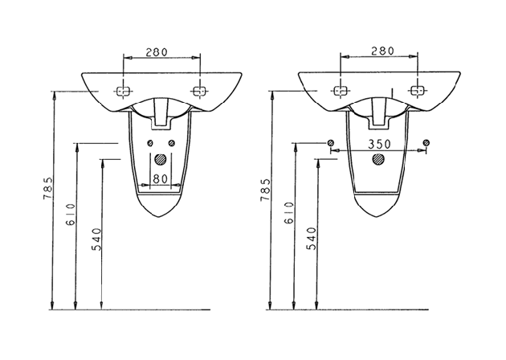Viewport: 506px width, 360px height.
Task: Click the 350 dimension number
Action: (377, 145)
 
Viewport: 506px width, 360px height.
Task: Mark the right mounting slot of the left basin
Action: (197, 91)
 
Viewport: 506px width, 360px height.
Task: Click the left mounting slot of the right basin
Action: (341, 89)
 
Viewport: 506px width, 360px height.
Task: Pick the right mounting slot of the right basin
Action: (415, 89)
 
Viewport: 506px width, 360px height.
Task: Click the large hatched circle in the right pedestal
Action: (377, 158)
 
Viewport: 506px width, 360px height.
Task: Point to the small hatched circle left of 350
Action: (330, 144)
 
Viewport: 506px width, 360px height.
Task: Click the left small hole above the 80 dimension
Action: (149, 144)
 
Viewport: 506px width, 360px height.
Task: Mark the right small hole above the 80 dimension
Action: (169, 144)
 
